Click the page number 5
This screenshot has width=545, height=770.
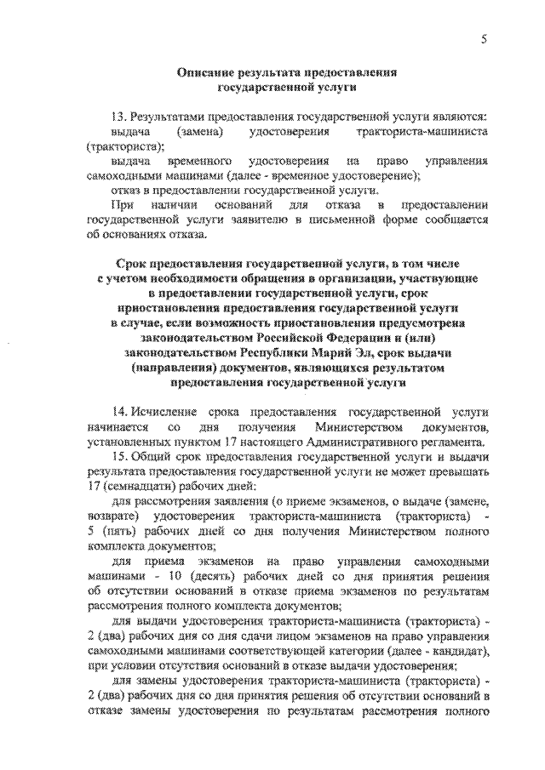click(x=483, y=38)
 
